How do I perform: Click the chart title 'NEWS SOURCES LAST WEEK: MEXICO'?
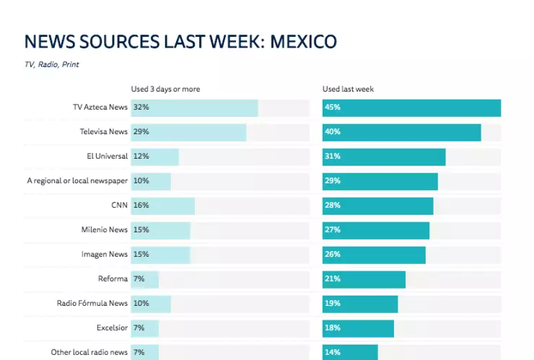click(x=180, y=42)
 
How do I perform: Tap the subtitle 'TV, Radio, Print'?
click(x=51, y=64)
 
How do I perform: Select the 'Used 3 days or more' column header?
click(x=165, y=89)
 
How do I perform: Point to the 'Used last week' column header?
click(x=348, y=89)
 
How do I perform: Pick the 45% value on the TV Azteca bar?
click(x=333, y=107)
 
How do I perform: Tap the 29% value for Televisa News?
click(x=141, y=132)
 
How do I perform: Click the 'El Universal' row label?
click(x=107, y=156)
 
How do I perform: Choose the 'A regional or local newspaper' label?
click(x=77, y=180)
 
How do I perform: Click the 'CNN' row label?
click(x=119, y=205)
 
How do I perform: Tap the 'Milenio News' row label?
click(x=105, y=229)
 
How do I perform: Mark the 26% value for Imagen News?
click(x=333, y=254)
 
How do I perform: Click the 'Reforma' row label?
click(x=113, y=278)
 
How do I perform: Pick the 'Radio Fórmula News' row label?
click(x=92, y=303)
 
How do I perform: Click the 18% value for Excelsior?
click(x=333, y=328)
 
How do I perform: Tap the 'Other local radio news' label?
click(x=89, y=352)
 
